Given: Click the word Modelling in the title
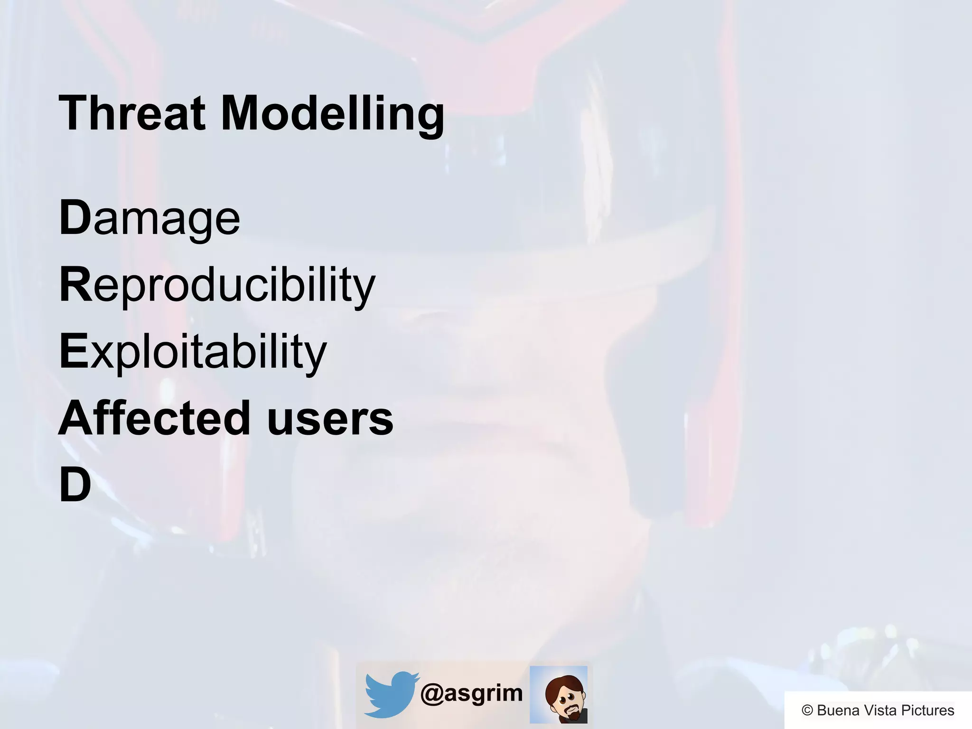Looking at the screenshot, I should [x=332, y=114].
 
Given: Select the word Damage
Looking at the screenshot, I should [x=150, y=218].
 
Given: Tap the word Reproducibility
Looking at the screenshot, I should [x=217, y=285].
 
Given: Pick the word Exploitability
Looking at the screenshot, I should [x=193, y=351].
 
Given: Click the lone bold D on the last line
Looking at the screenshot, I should [x=75, y=485].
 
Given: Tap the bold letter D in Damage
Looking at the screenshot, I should [x=75, y=218].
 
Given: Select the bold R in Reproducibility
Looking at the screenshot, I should [x=75, y=285].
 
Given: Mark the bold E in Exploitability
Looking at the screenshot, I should [x=74, y=351].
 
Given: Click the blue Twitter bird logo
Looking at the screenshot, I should [x=390, y=694].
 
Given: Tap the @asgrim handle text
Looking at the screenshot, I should [x=471, y=693].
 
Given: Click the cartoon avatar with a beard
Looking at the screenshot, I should [x=559, y=694].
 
